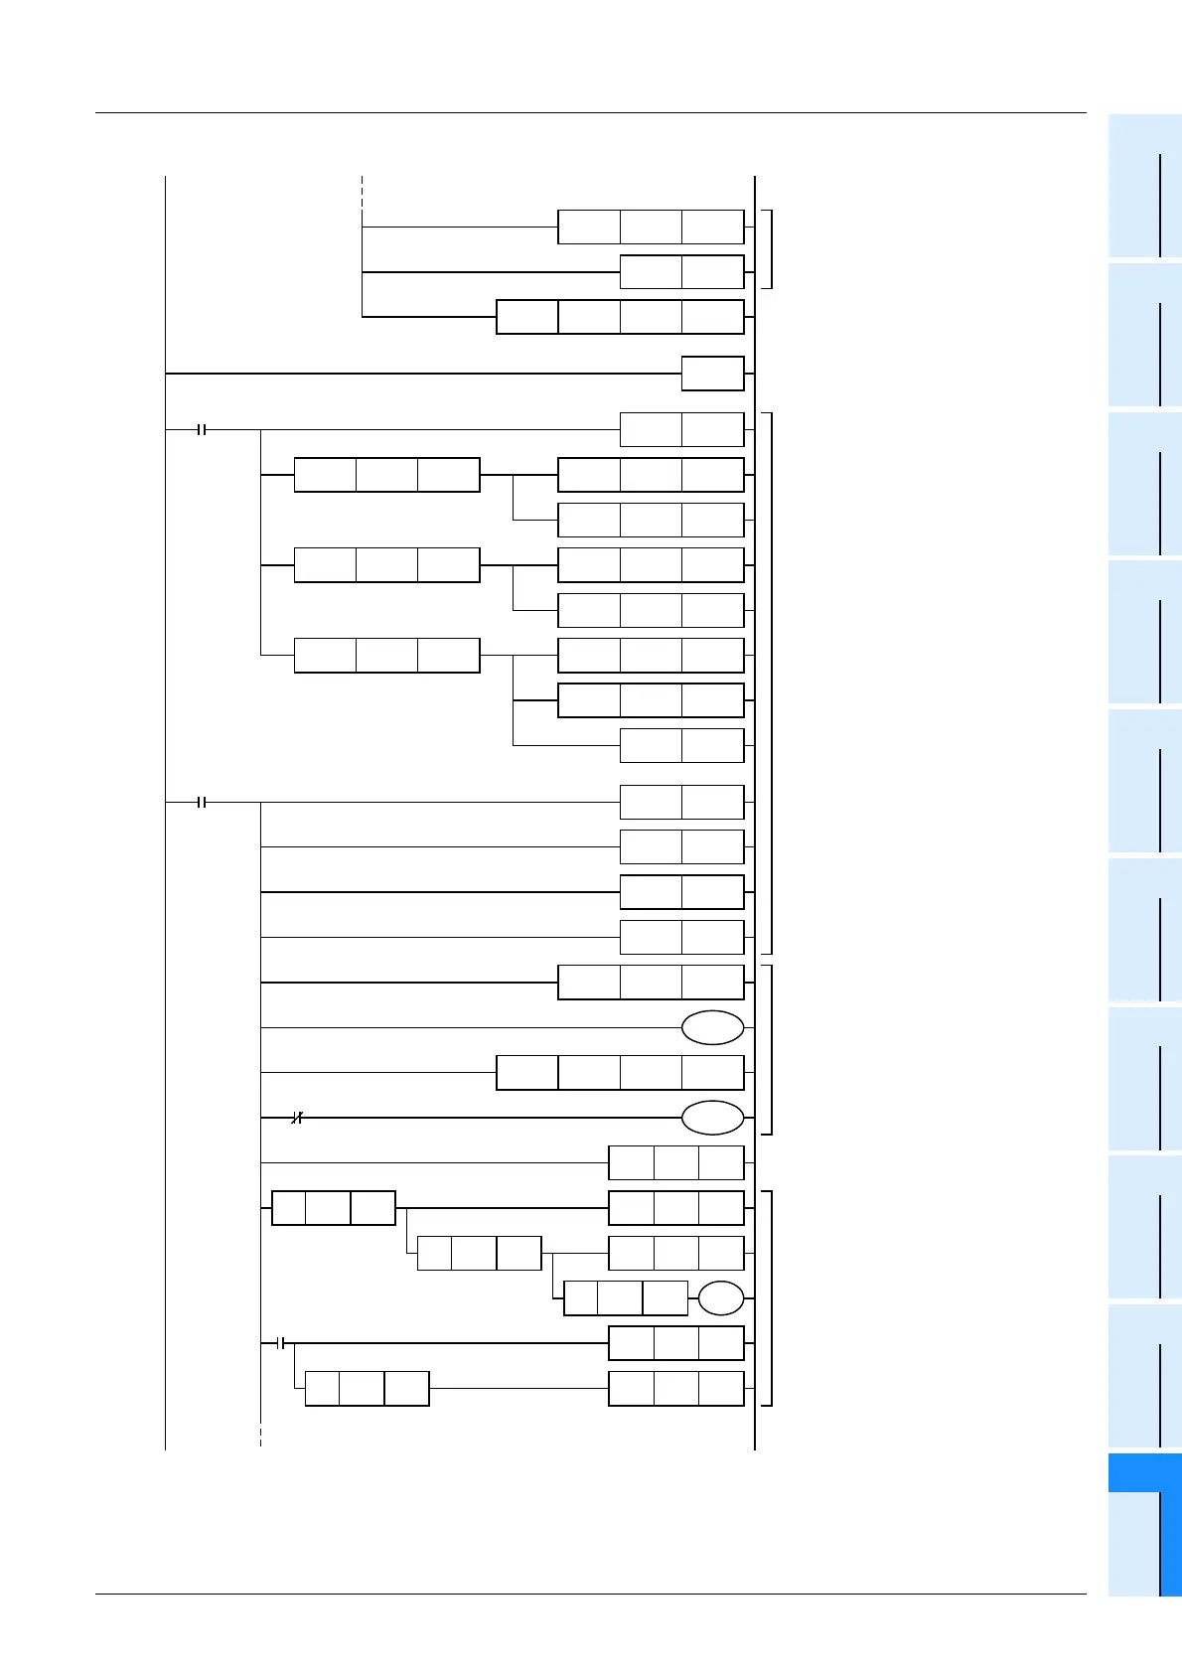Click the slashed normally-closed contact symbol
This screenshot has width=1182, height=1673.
point(296,1118)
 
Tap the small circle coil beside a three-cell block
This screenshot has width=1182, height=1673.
point(720,1298)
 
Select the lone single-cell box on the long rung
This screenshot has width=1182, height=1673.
point(712,374)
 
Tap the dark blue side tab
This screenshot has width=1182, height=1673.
point(1144,1472)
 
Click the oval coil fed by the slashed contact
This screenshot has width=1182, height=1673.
point(712,1118)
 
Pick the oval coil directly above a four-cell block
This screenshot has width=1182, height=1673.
point(712,1027)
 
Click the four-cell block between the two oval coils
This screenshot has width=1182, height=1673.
point(620,1073)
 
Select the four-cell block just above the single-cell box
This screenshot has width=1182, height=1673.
point(620,317)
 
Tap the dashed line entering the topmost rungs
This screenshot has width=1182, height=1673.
point(362,194)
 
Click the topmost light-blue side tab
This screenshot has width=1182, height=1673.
point(1144,186)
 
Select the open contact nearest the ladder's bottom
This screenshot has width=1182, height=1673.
point(281,1343)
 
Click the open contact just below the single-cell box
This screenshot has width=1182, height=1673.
point(202,430)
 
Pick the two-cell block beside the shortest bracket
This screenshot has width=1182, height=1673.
point(681,272)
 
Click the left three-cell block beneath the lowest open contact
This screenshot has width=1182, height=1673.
point(367,1389)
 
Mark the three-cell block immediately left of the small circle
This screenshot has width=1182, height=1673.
point(625,1298)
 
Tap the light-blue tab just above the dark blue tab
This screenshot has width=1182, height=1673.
point(1144,1375)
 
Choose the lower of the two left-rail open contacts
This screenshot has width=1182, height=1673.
point(202,802)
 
